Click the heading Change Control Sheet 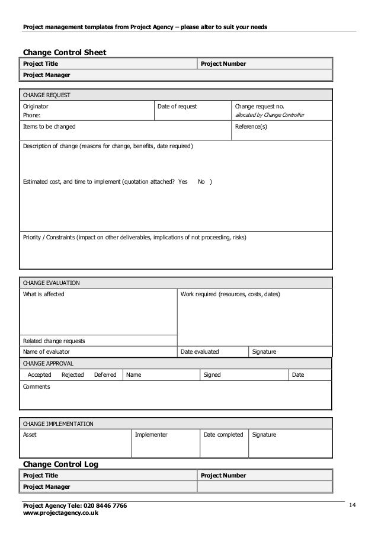click(64, 52)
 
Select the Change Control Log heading click(60, 464)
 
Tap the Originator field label click(36, 106)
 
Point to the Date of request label click(177, 106)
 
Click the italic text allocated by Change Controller click(270, 115)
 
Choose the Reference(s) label click(251, 127)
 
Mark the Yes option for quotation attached click(182, 181)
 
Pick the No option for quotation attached click(201, 181)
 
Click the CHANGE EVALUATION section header click(51, 283)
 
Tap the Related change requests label click(53, 341)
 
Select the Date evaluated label click(200, 352)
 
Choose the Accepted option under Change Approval click(40, 375)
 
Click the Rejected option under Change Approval click(73, 375)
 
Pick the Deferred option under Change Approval click(105, 375)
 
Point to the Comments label click(36, 387)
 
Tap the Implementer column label click(151, 435)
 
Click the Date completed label click(223, 435)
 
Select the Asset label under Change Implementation click(29, 435)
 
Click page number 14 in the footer click(353, 505)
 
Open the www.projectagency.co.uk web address click(60, 513)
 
